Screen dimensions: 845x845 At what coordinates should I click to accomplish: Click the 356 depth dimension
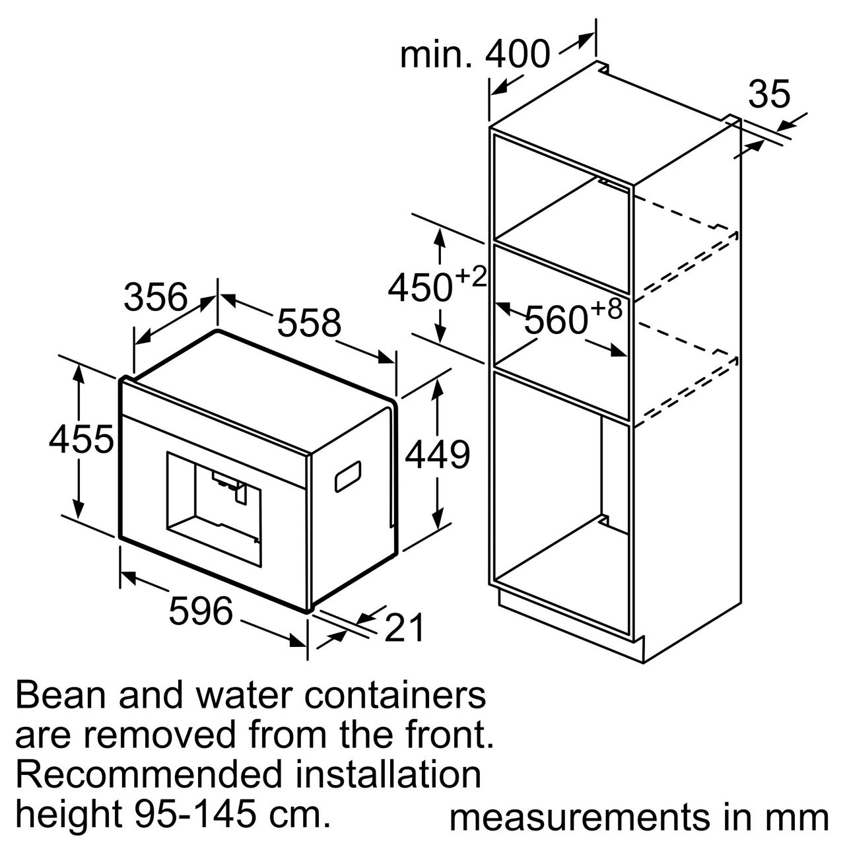coord(156,297)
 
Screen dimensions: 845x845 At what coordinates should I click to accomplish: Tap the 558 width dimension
coord(309,323)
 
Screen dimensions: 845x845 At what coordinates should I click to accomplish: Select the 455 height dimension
coord(81,439)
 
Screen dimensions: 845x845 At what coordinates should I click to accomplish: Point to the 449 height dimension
coord(437,454)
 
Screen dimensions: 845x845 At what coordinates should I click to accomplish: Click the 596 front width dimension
coord(201,610)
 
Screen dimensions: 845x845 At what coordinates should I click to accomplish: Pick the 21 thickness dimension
coord(404,628)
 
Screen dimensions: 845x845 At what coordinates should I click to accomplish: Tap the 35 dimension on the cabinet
coord(769,94)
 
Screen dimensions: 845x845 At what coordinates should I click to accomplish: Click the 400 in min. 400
coord(518,54)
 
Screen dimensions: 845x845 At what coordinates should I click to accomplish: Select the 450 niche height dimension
coord(420,288)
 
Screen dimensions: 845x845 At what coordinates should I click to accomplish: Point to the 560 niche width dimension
coord(556,320)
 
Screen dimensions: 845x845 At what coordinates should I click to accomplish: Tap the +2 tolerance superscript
coord(471,277)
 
